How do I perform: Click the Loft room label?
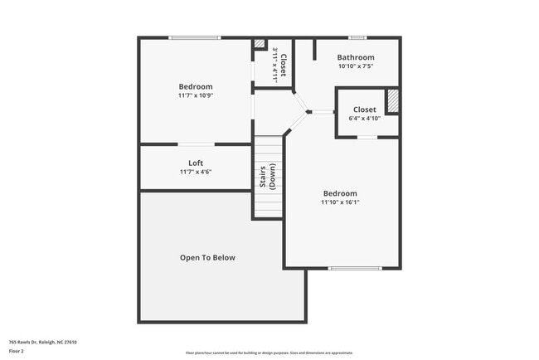(196, 163)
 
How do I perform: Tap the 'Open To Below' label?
(207, 257)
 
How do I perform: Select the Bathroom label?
(356, 57)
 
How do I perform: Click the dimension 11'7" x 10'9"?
(196, 95)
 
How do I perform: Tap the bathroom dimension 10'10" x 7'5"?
(356, 66)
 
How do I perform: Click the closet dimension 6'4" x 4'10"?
(365, 118)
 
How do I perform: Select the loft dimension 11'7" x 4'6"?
(196, 172)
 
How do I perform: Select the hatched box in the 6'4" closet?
(393, 100)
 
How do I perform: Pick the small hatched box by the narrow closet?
(259, 45)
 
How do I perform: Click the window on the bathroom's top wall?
(357, 37)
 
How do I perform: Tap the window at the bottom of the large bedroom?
(355, 268)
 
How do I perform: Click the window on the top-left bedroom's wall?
(195, 37)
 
